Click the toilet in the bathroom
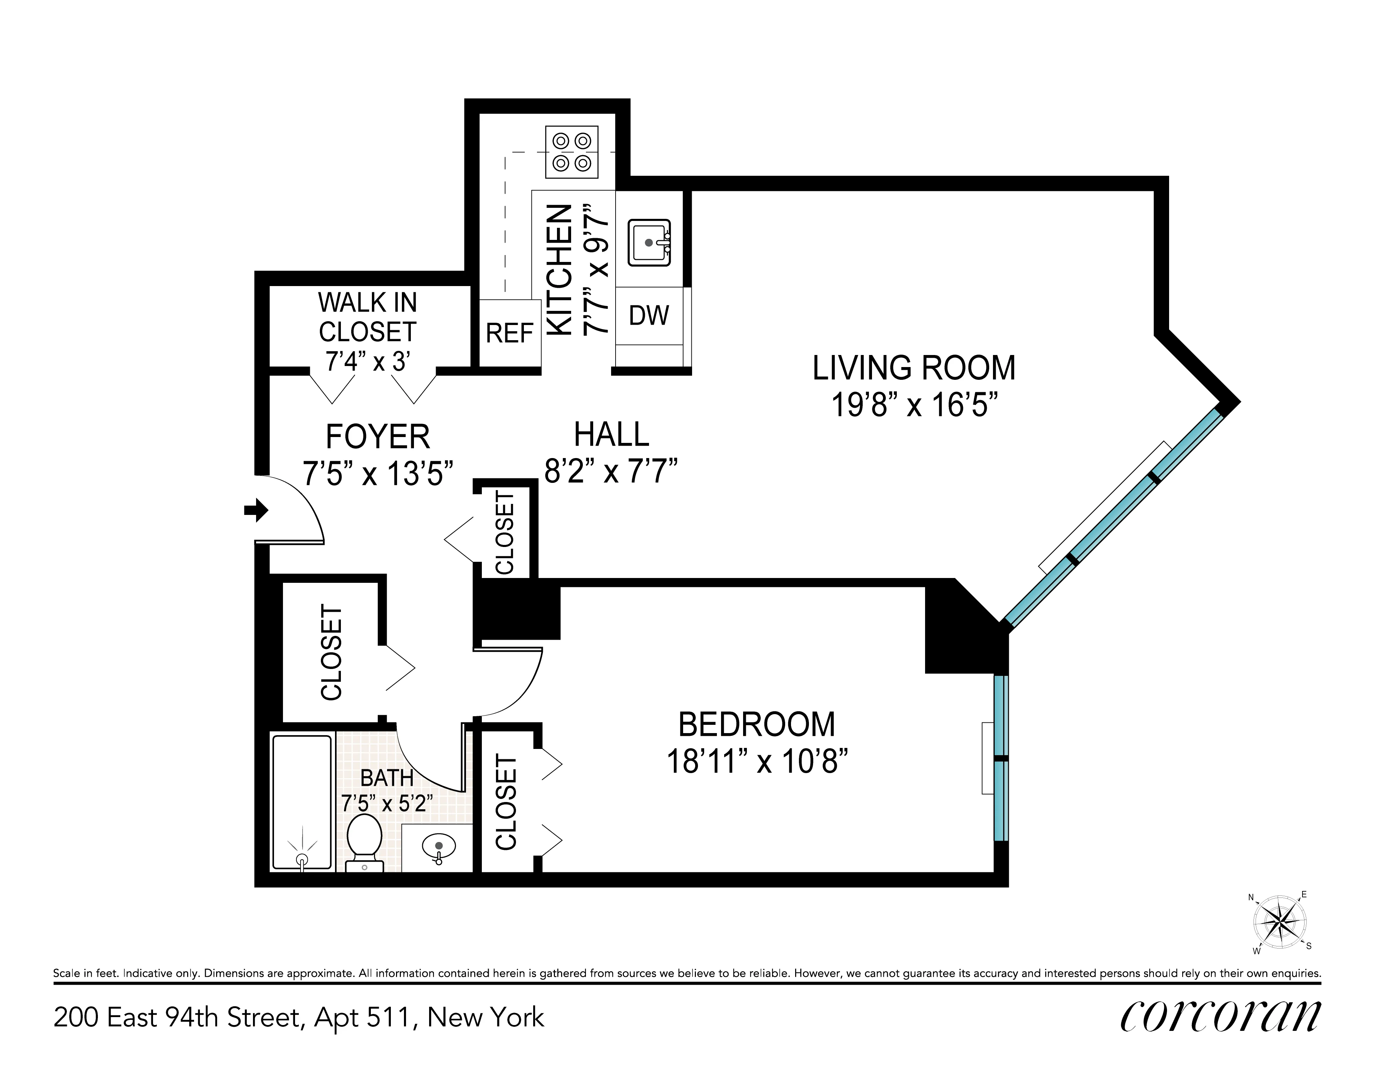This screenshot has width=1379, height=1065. coord(365,841)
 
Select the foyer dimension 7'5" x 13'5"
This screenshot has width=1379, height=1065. coord(378,474)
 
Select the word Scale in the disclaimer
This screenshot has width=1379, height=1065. coord(66,973)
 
